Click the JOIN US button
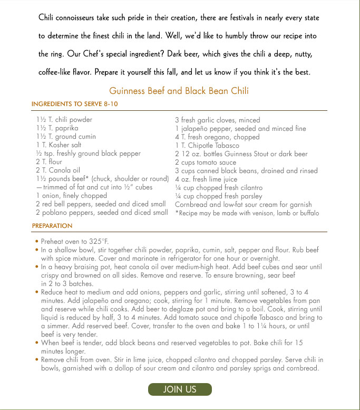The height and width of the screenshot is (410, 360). [x=180, y=389]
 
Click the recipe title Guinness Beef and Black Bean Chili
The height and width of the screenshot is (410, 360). [x=179, y=91]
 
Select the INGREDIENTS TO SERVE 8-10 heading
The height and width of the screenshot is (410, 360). [x=75, y=104]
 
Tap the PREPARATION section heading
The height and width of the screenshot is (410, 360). [x=52, y=225]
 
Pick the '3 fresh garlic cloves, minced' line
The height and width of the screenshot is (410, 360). [x=217, y=120]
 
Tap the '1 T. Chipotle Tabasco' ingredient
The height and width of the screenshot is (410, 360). [x=207, y=145]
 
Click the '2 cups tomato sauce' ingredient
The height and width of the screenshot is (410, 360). [x=206, y=162]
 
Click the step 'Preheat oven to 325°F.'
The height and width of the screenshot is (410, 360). [x=71, y=241]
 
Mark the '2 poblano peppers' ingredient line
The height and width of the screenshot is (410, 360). [x=102, y=213]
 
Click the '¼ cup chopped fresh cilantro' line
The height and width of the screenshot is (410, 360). [x=219, y=187]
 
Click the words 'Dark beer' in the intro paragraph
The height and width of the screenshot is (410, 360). [x=212, y=54]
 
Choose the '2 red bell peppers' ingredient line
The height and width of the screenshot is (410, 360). [x=101, y=204]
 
